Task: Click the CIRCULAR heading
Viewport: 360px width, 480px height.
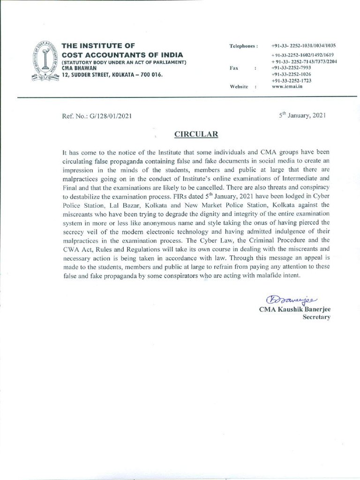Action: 196,134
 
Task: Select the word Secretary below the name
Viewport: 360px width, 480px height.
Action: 316,317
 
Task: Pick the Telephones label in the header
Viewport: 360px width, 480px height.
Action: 243,46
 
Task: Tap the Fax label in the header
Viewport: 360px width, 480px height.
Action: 234,68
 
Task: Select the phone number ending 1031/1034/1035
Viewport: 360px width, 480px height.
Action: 303,45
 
